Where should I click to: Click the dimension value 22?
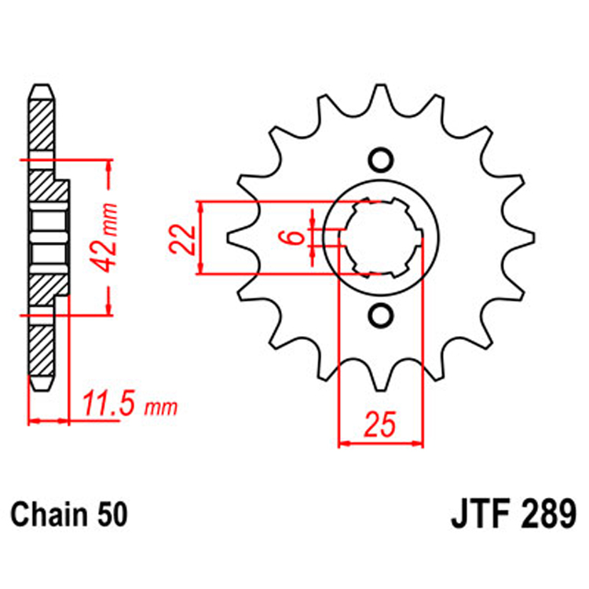[181, 238]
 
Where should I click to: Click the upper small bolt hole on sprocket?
[381, 159]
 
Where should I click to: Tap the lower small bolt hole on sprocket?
[381, 315]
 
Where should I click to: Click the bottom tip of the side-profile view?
[42, 386]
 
